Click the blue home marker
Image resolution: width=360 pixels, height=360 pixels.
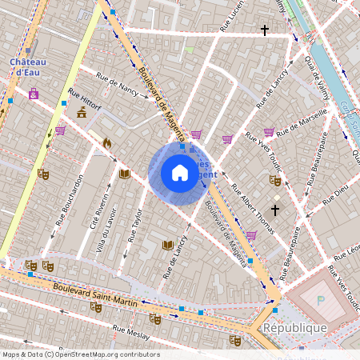[x=180, y=173]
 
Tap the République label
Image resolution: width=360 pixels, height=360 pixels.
[x=297, y=328]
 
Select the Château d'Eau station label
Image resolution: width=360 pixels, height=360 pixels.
[x=28, y=67]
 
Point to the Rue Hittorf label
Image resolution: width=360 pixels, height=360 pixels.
[x=85, y=98]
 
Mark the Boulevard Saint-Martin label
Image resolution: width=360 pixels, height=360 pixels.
[x=95, y=292]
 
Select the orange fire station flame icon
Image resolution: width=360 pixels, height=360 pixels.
[x=107, y=142]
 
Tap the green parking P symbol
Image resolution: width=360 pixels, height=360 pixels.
[x=321, y=301]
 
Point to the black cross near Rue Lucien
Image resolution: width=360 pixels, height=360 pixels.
[x=264, y=30]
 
